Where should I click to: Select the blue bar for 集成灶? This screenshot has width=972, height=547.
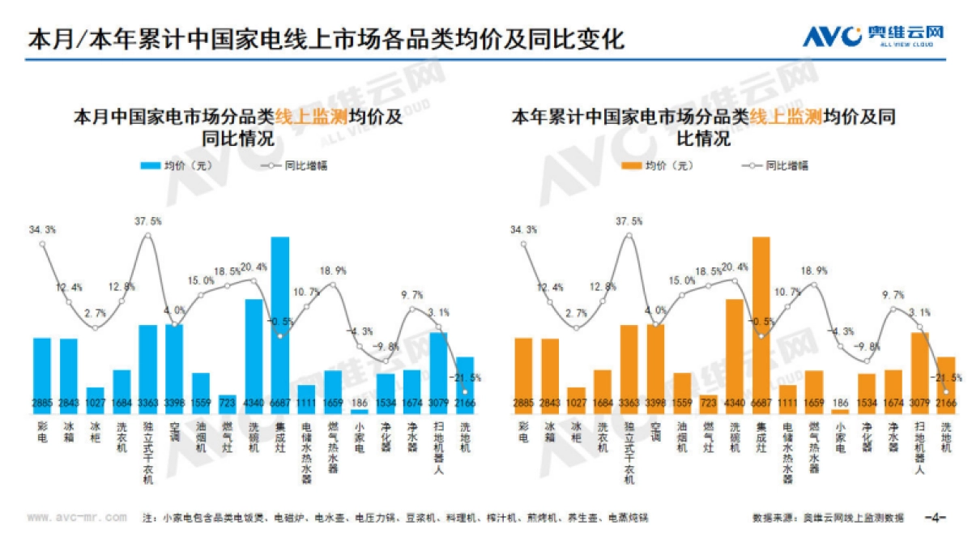[279, 324]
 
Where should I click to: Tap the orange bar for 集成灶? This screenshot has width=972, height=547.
[761, 324]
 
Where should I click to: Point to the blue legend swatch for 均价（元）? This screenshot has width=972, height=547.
[151, 165]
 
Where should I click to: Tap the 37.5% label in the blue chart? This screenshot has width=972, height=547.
[149, 220]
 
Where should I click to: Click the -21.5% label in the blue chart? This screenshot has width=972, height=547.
[466, 378]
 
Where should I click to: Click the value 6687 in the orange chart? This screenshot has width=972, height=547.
[761, 403]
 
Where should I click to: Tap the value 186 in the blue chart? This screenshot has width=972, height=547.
[359, 403]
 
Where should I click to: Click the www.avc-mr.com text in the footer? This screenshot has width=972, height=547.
[77, 517]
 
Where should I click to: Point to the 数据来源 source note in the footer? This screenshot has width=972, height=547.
[827, 517]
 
